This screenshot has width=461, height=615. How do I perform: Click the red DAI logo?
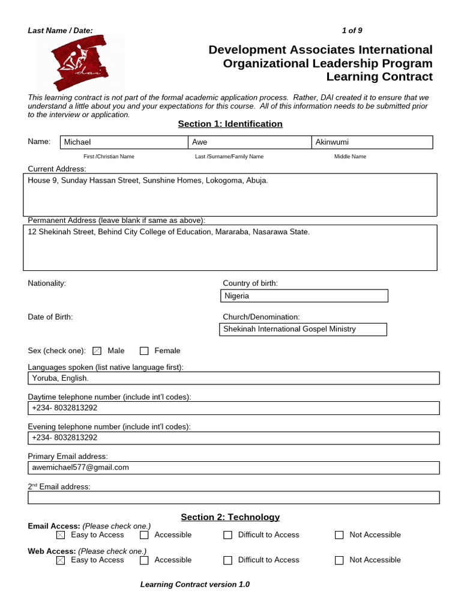[x=81, y=63]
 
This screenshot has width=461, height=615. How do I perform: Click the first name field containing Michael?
[x=123, y=142]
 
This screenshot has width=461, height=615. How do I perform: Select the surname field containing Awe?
[x=249, y=142]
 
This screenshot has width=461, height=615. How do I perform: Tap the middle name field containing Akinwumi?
[x=372, y=142]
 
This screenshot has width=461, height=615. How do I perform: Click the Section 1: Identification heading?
[x=230, y=124]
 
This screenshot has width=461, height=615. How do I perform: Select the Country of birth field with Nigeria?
[x=304, y=296]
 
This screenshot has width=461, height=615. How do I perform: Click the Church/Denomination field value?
[x=304, y=329]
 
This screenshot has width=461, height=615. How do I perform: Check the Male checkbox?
[x=97, y=351]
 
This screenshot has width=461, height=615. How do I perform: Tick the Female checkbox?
[x=144, y=351]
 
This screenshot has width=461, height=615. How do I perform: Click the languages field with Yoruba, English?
[x=234, y=378]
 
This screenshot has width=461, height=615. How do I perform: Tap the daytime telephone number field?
[x=234, y=408]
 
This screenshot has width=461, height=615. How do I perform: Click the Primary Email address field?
[x=234, y=468]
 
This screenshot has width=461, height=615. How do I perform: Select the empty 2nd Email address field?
[x=234, y=497]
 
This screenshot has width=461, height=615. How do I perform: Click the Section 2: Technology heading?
[x=230, y=517]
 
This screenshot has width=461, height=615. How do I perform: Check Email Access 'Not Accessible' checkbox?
[x=339, y=535]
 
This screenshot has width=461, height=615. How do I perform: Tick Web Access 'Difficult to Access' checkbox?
[x=227, y=560]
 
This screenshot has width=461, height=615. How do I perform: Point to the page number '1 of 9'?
[x=352, y=31]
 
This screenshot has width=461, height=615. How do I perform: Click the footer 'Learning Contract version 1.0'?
[x=194, y=584]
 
